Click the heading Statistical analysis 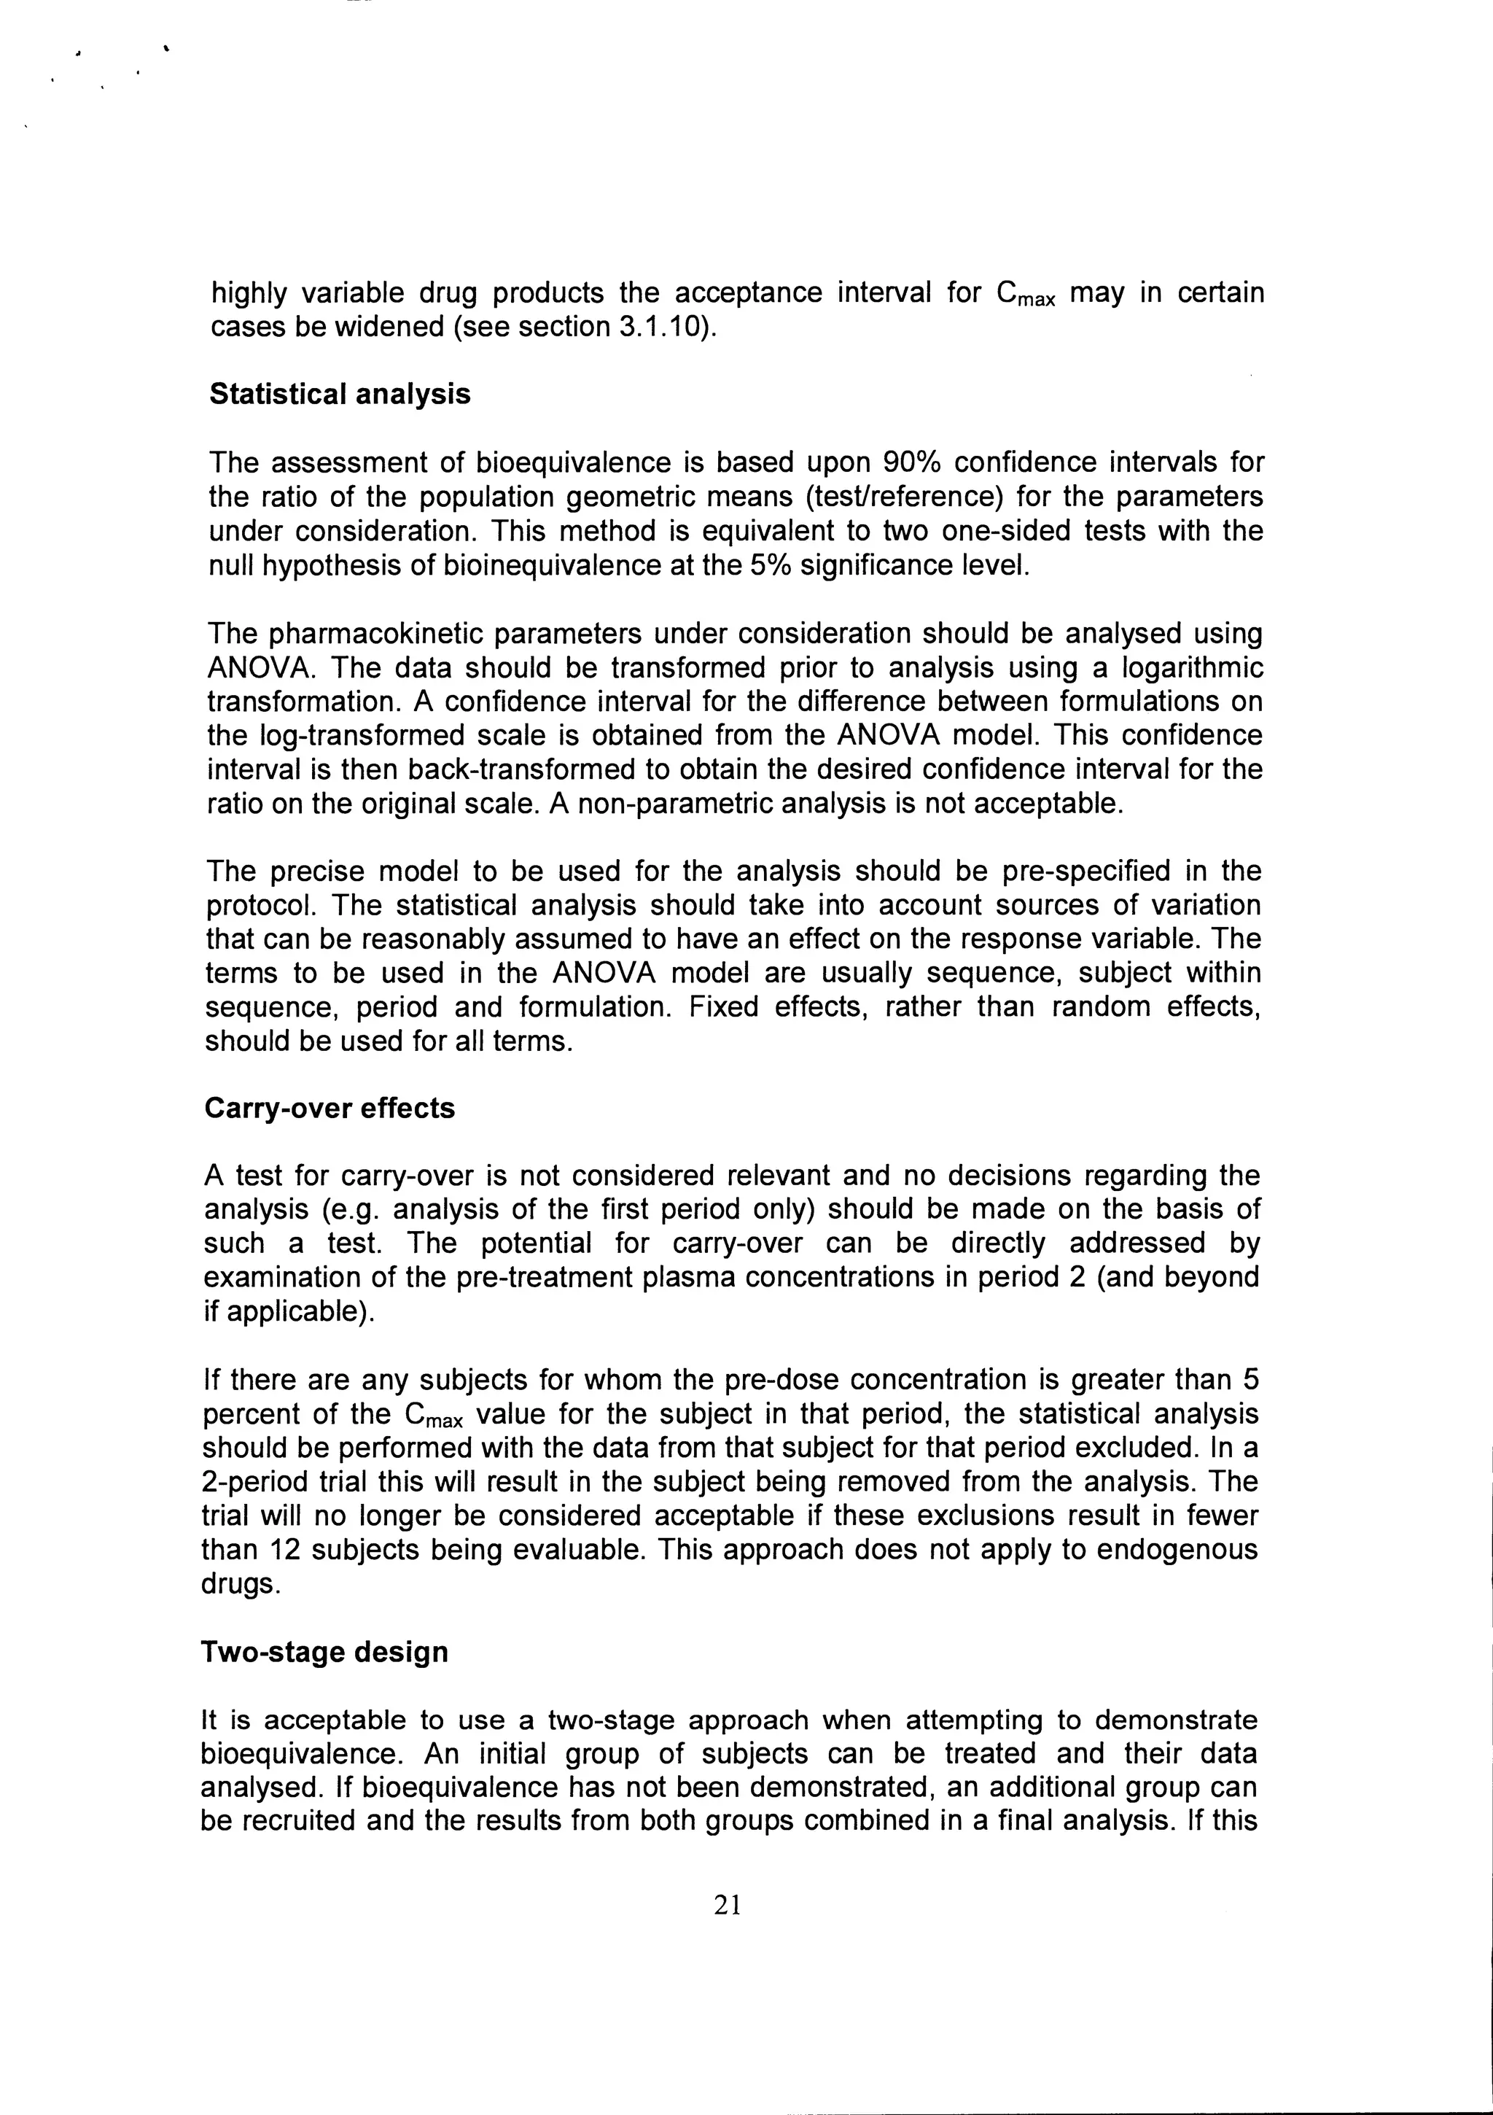[x=340, y=395]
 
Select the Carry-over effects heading [x=330, y=1108]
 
